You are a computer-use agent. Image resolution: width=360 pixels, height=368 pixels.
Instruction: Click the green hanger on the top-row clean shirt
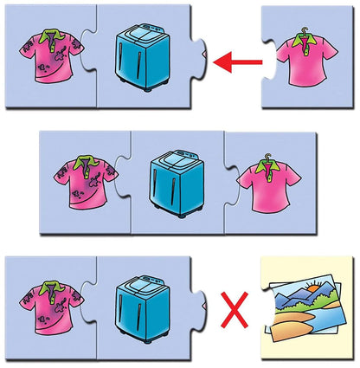(304, 36)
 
